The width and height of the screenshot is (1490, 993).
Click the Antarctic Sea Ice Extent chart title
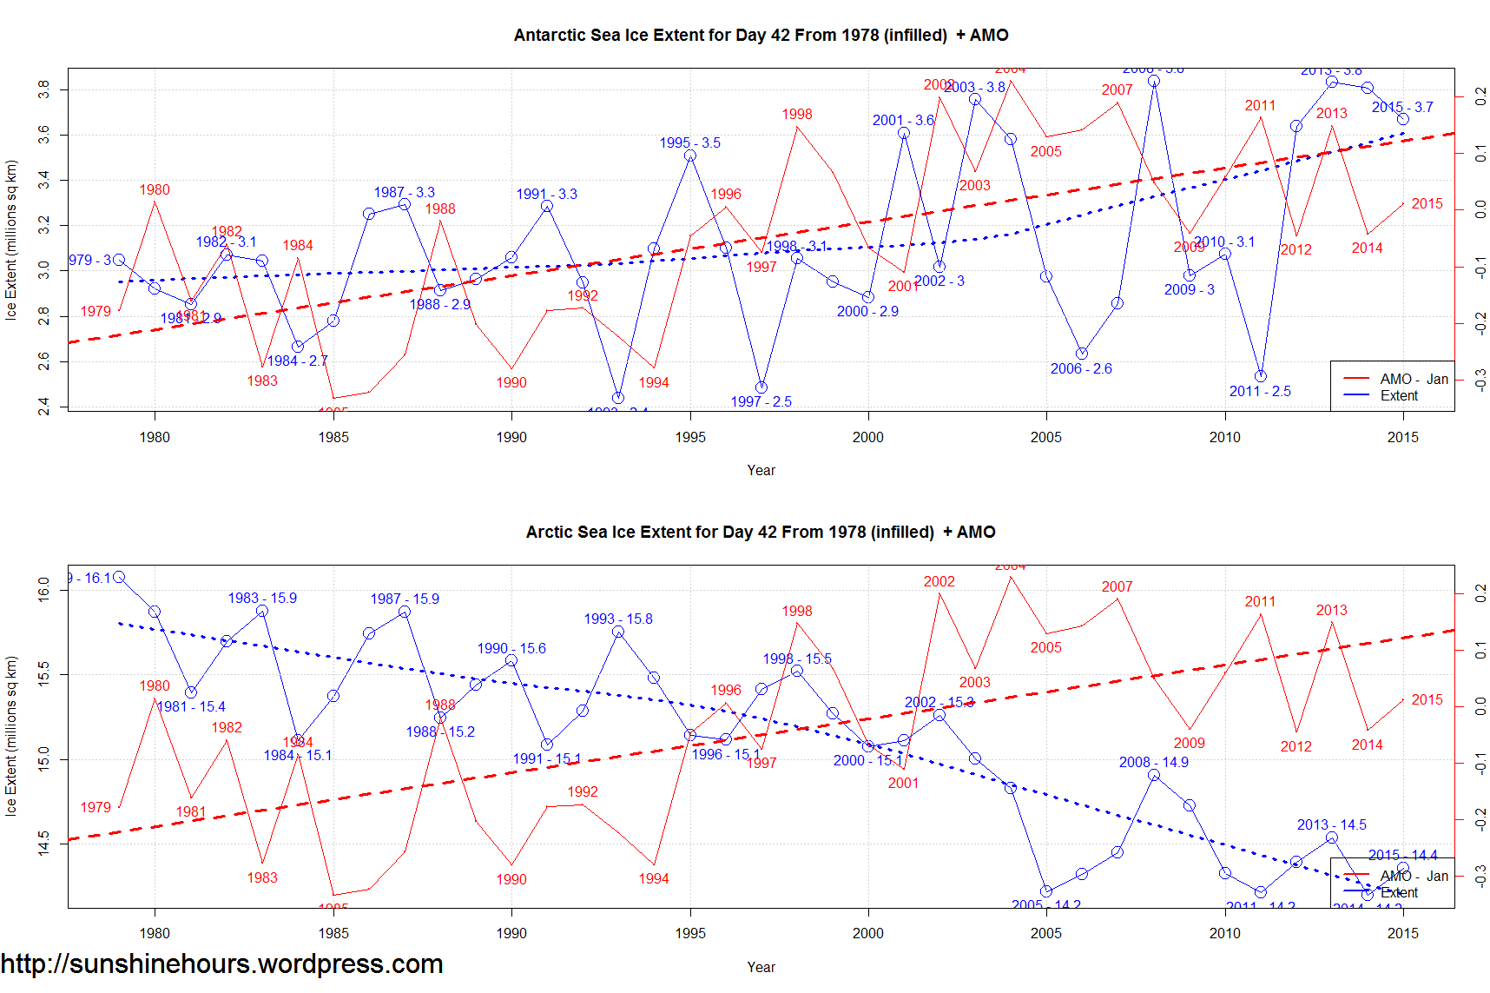tap(761, 36)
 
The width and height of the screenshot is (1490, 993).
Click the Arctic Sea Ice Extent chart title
tap(761, 533)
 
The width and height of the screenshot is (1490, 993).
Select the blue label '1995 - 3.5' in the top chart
tap(689, 143)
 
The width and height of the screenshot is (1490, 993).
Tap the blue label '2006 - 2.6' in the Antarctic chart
tap(1081, 369)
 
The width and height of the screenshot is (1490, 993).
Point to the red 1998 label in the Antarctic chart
tap(796, 115)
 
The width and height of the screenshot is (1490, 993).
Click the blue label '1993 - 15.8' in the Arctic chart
tap(618, 619)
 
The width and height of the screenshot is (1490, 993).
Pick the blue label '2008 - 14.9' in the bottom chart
tap(1153, 763)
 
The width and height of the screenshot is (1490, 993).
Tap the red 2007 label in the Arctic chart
tap(1117, 587)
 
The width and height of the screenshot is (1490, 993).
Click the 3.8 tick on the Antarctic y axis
tap(44, 89)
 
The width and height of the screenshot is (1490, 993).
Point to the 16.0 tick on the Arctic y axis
tap(44, 591)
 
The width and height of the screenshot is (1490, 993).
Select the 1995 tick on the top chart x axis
tap(690, 437)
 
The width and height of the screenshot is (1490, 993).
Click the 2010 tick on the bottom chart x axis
tap(1224, 934)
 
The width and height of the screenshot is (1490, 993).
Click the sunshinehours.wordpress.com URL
tap(222, 964)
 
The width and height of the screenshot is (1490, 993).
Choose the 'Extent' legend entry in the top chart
tap(1399, 396)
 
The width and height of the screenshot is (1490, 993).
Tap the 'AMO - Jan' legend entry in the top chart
tap(1414, 380)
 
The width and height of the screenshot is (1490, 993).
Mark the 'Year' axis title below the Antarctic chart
tap(761, 471)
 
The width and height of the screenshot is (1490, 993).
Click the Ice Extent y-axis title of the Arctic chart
tap(11, 736)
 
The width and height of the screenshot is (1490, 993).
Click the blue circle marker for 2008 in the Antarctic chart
tap(1153, 82)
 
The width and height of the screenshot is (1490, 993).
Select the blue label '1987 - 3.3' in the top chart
tap(404, 193)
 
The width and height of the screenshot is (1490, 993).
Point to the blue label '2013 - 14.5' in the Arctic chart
tap(1331, 825)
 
